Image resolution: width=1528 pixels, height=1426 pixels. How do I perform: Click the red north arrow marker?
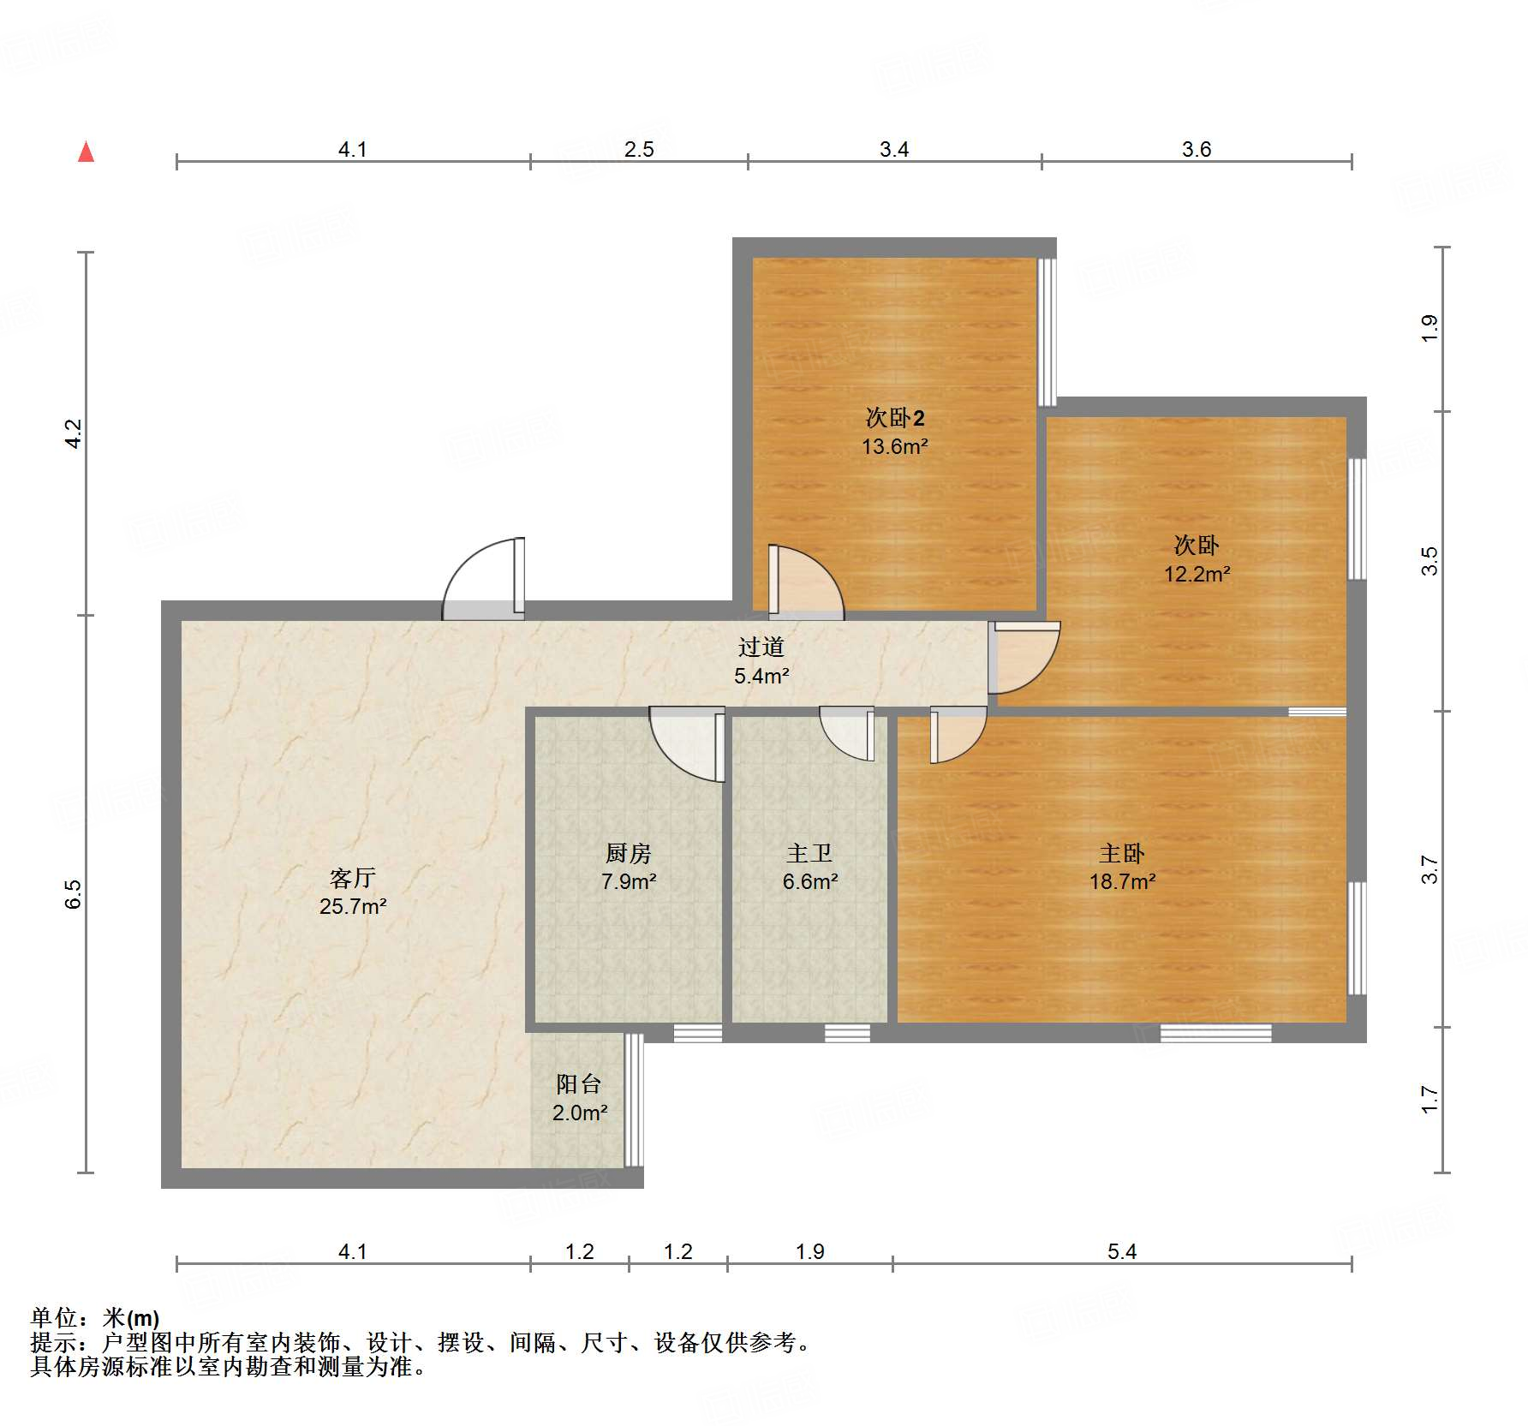click(x=86, y=152)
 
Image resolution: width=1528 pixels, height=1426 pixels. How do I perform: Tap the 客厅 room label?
click(x=353, y=877)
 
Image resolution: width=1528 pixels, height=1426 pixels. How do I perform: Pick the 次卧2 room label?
click(x=895, y=417)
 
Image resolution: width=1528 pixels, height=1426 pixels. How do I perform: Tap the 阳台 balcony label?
click(x=579, y=1083)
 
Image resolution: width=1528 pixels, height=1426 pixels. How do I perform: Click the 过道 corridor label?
click(x=761, y=647)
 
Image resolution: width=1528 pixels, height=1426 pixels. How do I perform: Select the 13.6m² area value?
click(x=895, y=445)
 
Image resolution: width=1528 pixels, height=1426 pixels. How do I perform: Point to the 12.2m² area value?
click(x=1197, y=573)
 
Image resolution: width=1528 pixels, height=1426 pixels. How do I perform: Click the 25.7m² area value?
click(x=353, y=905)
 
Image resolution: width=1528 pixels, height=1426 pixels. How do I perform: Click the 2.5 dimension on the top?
click(x=639, y=149)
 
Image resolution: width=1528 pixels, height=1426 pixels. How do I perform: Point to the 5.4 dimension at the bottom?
click(x=1122, y=1251)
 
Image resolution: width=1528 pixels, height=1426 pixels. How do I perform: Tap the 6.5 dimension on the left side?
click(x=74, y=893)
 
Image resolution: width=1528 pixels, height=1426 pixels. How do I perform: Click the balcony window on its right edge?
click(x=634, y=1100)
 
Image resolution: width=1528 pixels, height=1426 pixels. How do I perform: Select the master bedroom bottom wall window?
click(x=1215, y=1033)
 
